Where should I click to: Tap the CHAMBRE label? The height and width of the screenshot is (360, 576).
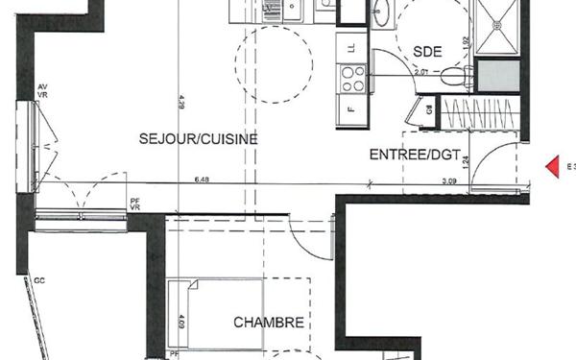click(x=269, y=323)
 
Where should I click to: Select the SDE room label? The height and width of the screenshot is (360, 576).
click(x=426, y=52)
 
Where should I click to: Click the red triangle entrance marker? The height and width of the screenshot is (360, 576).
click(x=553, y=167)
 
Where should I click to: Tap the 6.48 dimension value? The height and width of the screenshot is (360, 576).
click(x=202, y=179)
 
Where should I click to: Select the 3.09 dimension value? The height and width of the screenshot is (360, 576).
click(x=449, y=180)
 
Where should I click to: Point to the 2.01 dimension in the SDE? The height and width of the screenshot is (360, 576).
click(x=420, y=70)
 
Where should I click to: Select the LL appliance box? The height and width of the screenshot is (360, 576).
click(x=351, y=46)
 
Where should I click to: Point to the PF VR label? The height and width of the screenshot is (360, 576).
click(x=135, y=204)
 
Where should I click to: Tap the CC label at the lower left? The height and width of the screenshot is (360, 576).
click(x=40, y=281)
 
